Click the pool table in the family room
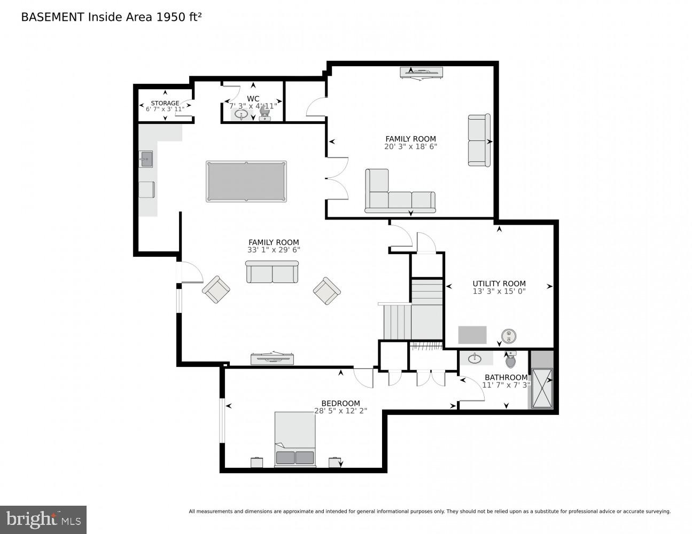pyautogui.click(x=246, y=182)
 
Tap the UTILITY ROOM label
pyautogui.click(x=499, y=284)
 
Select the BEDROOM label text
pyautogui.click(x=340, y=403)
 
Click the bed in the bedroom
pyautogui.click(x=295, y=439)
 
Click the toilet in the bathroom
pyautogui.click(x=510, y=361)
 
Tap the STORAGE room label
pyautogui.click(x=165, y=103)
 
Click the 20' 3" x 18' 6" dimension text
pyautogui.click(x=410, y=146)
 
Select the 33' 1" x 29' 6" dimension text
pyautogui.click(x=274, y=250)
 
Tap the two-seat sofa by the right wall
pyautogui.click(x=479, y=140)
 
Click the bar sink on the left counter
pyautogui.click(x=146, y=159)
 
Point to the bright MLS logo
pyautogui.click(x=43, y=520)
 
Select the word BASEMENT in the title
pyautogui.click(x=52, y=17)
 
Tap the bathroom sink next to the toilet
pyautogui.click(x=475, y=357)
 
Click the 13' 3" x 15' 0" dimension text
pyautogui.click(x=499, y=292)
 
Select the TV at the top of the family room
pyautogui.click(x=422, y=72)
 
